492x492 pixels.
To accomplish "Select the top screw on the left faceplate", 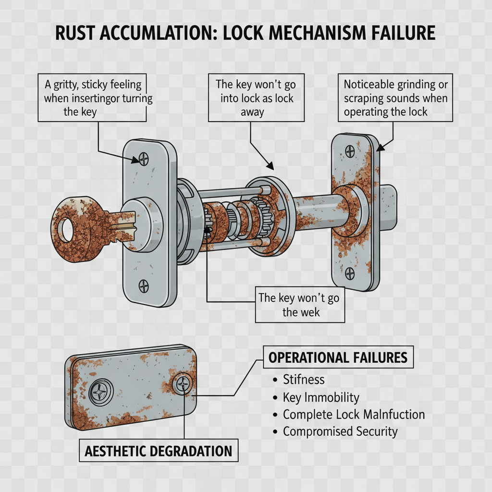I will pos(143,158).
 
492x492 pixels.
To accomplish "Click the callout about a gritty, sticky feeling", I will pos(93,98).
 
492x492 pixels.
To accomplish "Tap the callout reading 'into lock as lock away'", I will pos(256,98).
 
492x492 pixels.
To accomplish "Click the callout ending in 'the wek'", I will pos(299,305).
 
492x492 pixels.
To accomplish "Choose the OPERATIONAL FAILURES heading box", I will pos(338,357).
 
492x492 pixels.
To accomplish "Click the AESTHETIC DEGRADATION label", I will pos(158,451).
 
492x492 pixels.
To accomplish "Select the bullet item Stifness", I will pos(303,380).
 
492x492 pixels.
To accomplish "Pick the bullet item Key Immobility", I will pos(320,397).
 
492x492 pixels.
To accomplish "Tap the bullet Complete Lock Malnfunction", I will pos(354,414).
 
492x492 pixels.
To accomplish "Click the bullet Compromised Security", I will pos(340,431).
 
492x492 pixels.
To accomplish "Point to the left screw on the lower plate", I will pos(102,391).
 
